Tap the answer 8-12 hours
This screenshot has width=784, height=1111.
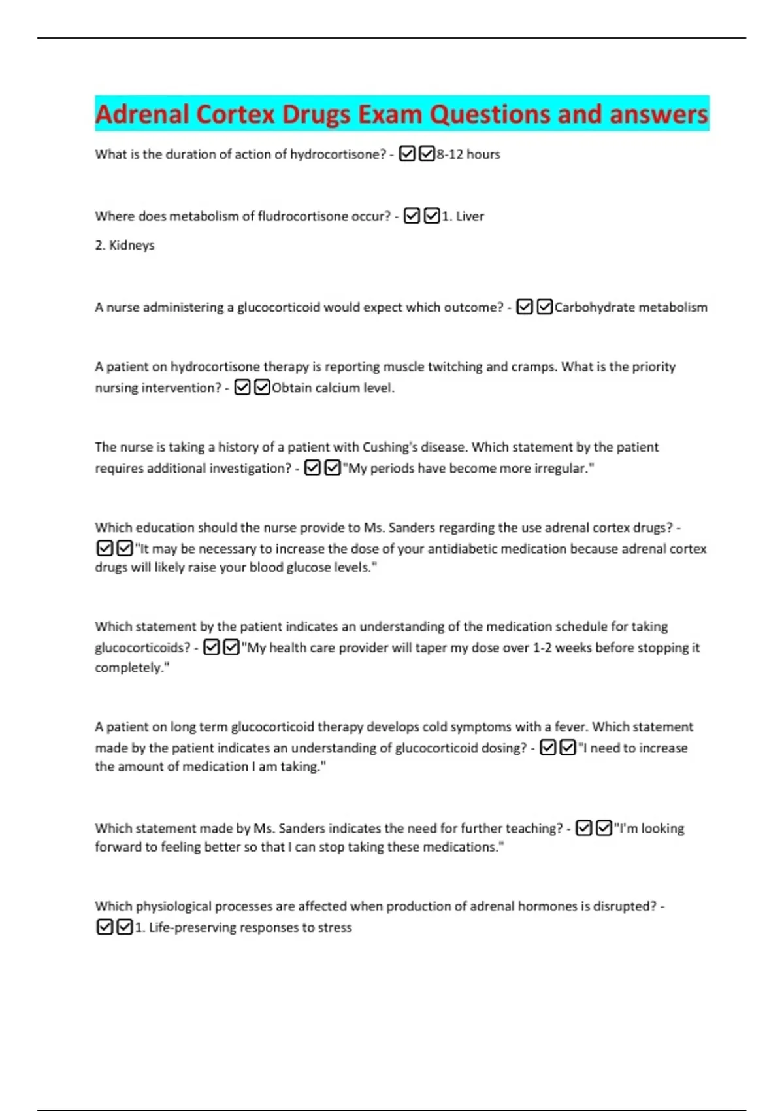point(468,154)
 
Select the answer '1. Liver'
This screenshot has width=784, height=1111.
point(463,216)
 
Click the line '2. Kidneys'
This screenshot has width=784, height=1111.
point(125,246)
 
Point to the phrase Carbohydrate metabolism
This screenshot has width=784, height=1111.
point(630,307)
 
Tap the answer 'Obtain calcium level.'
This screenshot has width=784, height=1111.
point(333,388)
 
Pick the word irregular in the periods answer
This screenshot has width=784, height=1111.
point(558,469)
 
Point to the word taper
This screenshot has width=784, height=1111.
point(431,648)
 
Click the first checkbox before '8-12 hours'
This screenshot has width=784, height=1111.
point(406,154)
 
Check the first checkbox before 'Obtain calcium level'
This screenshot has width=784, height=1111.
point(242,388)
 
